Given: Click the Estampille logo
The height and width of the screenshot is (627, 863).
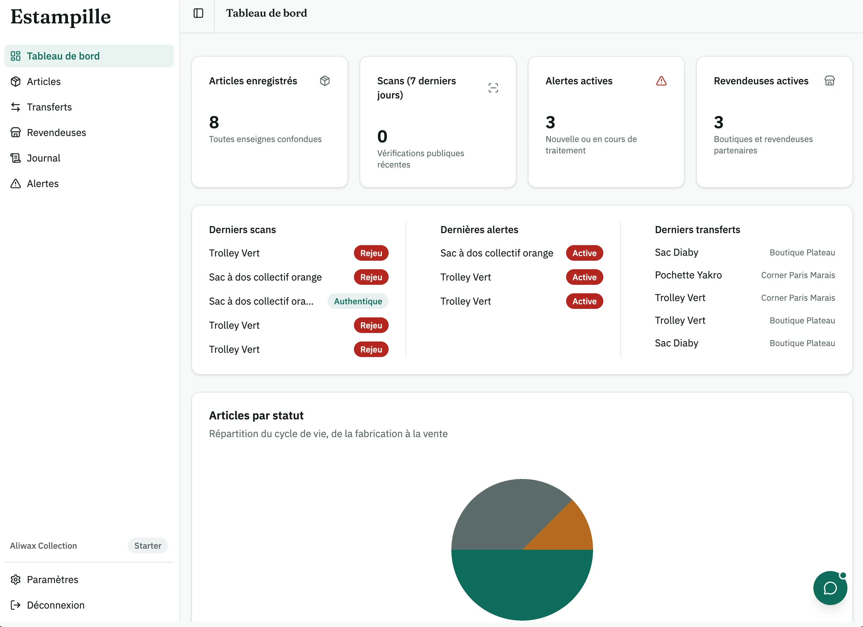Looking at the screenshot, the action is [x=61, y=17].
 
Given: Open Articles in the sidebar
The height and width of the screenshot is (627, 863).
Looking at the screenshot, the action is [x=43, y=81].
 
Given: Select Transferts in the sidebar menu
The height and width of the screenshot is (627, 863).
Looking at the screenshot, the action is [x=49, y=107].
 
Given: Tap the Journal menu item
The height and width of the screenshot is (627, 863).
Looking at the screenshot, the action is [x=43, y=158].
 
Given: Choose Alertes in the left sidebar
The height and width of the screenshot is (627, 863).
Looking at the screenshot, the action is [x=43, y=183].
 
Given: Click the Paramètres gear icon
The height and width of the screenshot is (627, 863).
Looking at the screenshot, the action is [x=16, y=580].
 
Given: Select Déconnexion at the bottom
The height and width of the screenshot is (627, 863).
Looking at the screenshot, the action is [x=56, y=605].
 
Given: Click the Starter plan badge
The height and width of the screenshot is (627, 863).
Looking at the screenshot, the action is [x=148, y=546].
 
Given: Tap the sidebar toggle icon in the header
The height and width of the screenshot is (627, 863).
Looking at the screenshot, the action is [x=198, y=13].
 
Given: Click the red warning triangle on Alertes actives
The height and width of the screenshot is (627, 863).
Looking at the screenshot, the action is [x=661, y=81].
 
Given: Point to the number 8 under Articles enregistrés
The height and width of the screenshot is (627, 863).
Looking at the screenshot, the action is [x=214, y=123].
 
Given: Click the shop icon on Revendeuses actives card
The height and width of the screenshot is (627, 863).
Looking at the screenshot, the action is [x=829, y=81].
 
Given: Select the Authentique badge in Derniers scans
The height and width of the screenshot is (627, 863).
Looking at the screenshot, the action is [x=358, y=301].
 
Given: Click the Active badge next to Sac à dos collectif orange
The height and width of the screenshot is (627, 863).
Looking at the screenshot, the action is [x=585, y=253].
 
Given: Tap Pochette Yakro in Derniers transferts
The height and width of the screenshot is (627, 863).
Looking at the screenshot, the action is [x=688, y=275].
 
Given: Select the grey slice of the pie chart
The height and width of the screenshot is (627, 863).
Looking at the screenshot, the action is [x=502, y=518].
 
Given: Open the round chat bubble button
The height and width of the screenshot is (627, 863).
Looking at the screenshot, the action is [x=830, y=588].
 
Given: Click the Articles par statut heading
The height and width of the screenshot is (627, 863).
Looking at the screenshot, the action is [x=256, y=416].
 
